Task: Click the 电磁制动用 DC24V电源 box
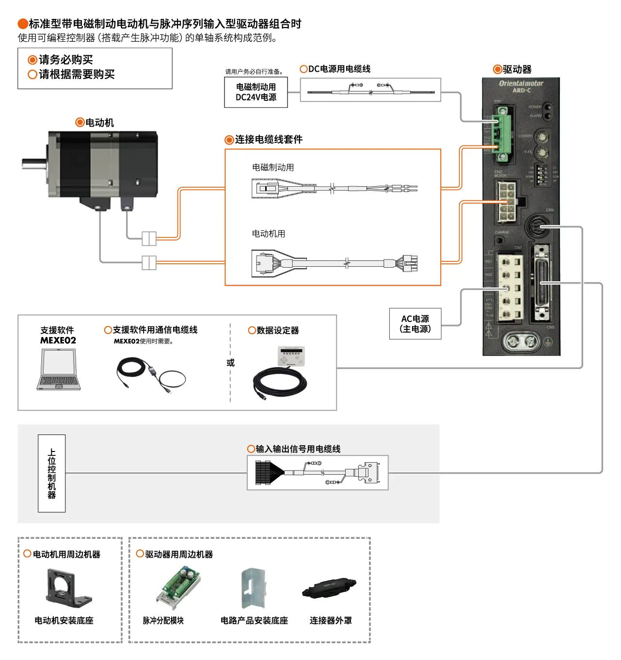tap(255, 92)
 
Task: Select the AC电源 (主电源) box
tap(415, 323)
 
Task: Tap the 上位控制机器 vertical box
tap(51, 473)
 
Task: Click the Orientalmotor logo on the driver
tap(521, 83)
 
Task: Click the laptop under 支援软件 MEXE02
tap(59, 370)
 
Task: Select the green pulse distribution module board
tap(179, 588)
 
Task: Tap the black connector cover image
tap(329, 588)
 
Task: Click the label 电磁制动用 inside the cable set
tap(273, 167)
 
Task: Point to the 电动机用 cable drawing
tap(334, 263)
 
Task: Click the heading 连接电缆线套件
tap(269, 140)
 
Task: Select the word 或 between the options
tap(230, 363)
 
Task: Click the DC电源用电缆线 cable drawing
tap(370, 90)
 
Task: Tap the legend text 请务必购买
tap(65, 60)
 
